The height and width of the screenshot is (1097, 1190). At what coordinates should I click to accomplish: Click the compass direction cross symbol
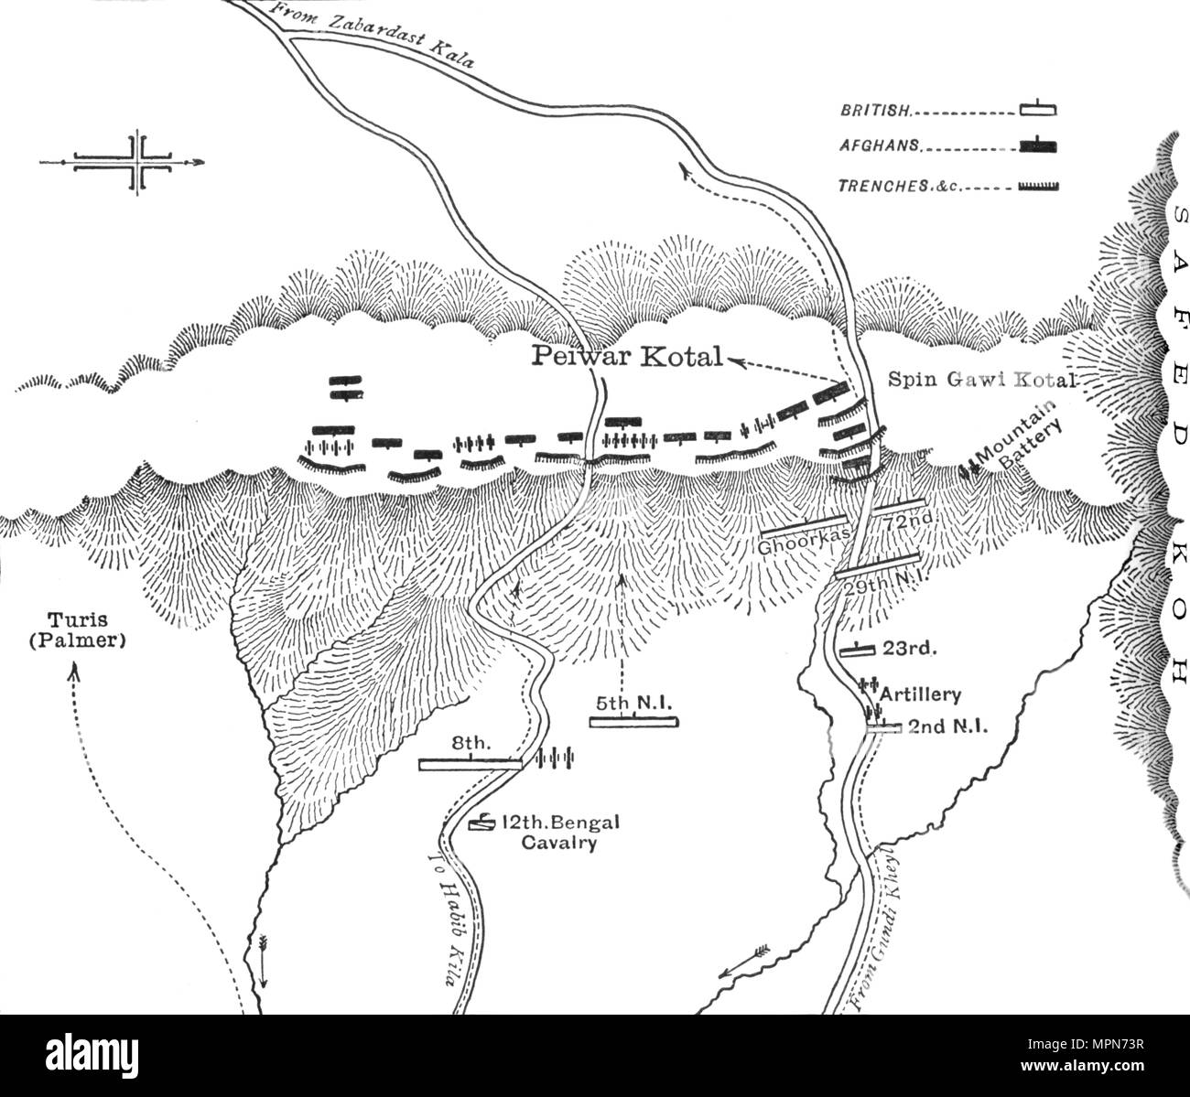point(137,163)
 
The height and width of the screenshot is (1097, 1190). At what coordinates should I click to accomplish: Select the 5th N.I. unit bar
point(633,722)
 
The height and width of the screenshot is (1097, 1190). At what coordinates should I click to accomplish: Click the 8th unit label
point(477,746)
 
